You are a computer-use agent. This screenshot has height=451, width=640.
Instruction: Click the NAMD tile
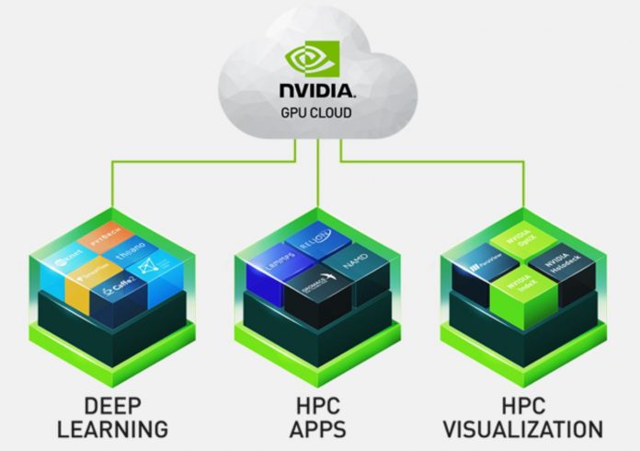coord(356,263)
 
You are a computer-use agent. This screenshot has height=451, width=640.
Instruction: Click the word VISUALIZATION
coord(522,429)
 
